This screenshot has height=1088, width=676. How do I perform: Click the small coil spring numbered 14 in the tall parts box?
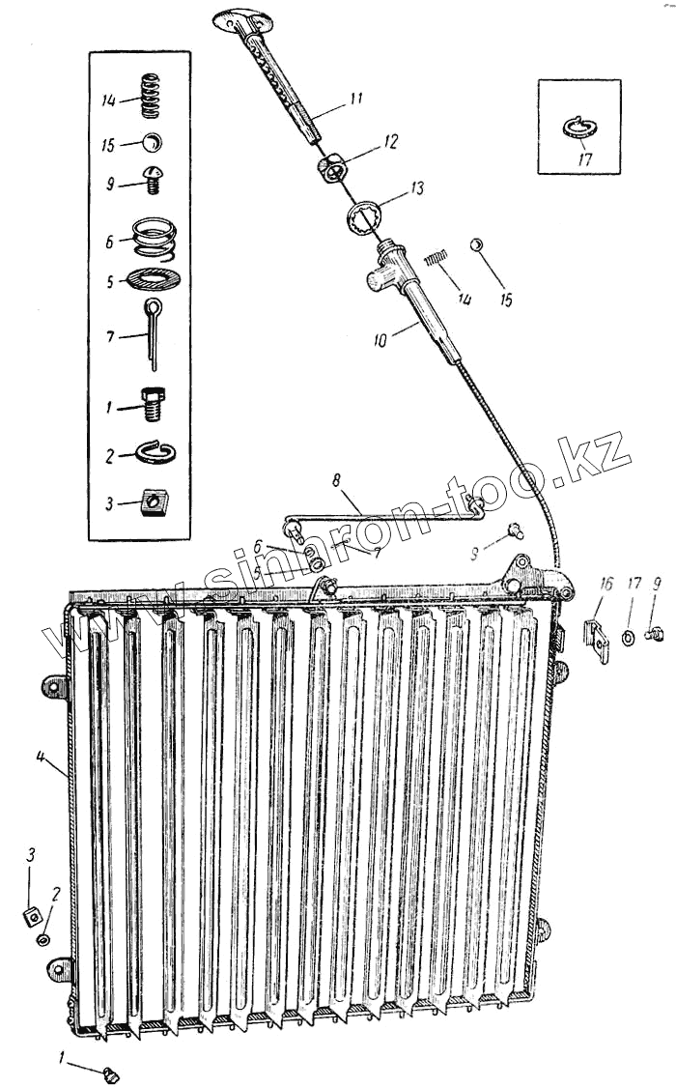(x=151, y=100)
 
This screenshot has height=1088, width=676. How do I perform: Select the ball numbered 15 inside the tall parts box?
(x=152, y=144)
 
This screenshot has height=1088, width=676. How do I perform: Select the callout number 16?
(x=606, y=583)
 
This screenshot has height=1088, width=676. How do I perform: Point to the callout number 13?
(x=416, y=189)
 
